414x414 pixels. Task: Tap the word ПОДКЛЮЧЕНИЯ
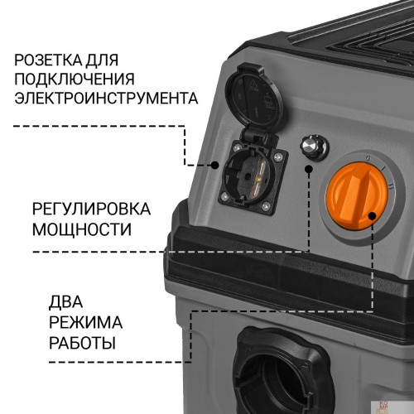(x=75, y=79)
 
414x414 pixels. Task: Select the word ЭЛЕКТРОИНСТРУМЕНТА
(x=106, y=98)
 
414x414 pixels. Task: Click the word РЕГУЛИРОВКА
(x=91, y=209)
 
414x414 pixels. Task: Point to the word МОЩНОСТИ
(x=82, y=229)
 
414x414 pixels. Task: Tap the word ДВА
(x=65, y=301)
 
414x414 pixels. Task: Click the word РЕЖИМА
(x=85, y=322)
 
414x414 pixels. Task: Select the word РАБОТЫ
(x=82, y=343)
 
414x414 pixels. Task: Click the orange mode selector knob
(x=357, y=196)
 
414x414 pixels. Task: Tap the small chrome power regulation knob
(x=314, y=147)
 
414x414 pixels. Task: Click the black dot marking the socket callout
(x=214, y=166)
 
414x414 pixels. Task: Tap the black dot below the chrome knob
(x=309, y=169)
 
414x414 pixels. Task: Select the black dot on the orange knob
(x=373, y=216)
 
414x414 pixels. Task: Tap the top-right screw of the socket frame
(x=277, y=157)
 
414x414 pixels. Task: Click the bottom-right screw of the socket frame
(x=266, y=205)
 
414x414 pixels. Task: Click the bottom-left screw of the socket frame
(x=225, y=196)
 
